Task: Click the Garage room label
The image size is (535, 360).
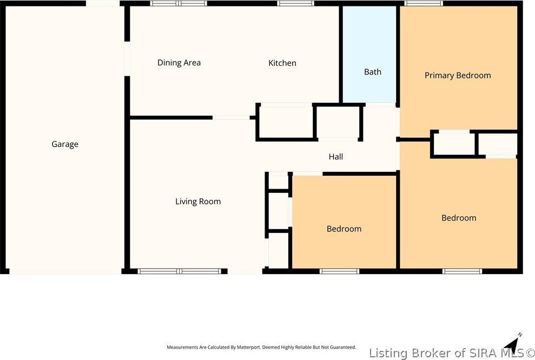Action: (x=65, y=144)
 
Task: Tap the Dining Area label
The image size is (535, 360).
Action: (x=179, y=63)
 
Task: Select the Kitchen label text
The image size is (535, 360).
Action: (x=282, y=63)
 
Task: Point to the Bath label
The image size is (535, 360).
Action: (x=372, y=72)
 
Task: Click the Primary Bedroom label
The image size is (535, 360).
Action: (x=457, y=76)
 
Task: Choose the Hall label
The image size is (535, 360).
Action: (x=335, y=157)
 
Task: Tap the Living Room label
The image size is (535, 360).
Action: (x=197, y=202)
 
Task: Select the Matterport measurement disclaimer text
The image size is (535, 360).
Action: (x=261, y=347)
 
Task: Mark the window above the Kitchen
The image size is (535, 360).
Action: (x=295, y=4)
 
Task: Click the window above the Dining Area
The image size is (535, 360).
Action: (x=178, y=4)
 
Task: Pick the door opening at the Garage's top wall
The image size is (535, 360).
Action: (x=103, y=4)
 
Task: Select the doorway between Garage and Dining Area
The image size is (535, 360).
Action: (x=127, y=59)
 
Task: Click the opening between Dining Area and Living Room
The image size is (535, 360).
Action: (x=230, y=117)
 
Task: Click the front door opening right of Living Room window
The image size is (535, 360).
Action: (x=244, y=270)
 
